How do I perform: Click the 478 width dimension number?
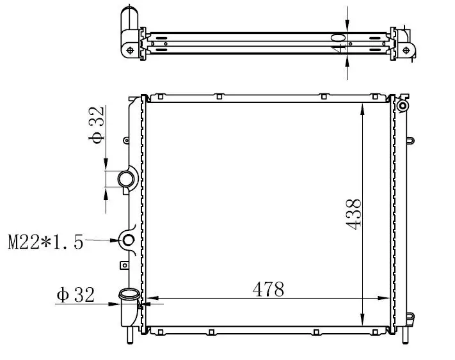268,289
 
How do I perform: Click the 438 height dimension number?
353,214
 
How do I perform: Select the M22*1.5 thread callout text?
45,242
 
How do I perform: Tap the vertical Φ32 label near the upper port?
96,125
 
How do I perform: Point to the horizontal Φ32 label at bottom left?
76,295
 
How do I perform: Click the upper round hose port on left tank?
126,179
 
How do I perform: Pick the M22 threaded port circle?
128,240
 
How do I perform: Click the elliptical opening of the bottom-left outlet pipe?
129,294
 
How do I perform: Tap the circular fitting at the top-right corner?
403,106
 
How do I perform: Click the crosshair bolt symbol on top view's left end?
130,51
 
